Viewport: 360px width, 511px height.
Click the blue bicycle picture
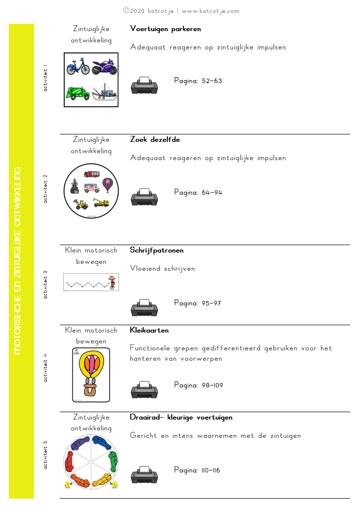pyautogui.click(x=78, y=67)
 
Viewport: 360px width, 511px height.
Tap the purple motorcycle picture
pyautogui.click(x=104, y=66)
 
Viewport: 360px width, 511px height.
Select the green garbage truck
pyautogui.click(x=78, y=92)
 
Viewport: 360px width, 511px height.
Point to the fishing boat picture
pyautogui.click(x=104, y=91)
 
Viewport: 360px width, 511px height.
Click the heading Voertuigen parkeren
pyautogui.click(x=165, y=29)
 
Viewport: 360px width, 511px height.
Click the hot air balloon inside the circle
pyautogui.click(x=108, y=185)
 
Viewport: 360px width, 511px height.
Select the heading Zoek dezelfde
pyautogui.click(x=155, y=139)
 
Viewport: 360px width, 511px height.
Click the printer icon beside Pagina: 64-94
pyautogui.click(x=144, y=197)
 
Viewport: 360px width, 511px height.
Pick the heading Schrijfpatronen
pyautogui.click(x=157, y=250)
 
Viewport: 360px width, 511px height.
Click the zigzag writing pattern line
pyautogui.click(x=87, y=285)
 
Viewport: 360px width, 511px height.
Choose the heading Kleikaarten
pyautogui.click(x=149, y=330)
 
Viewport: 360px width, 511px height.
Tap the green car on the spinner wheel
pyautogui.click(x=113, y=462)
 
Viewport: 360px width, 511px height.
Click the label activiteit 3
pyautogui.click(x=45, y=284)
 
